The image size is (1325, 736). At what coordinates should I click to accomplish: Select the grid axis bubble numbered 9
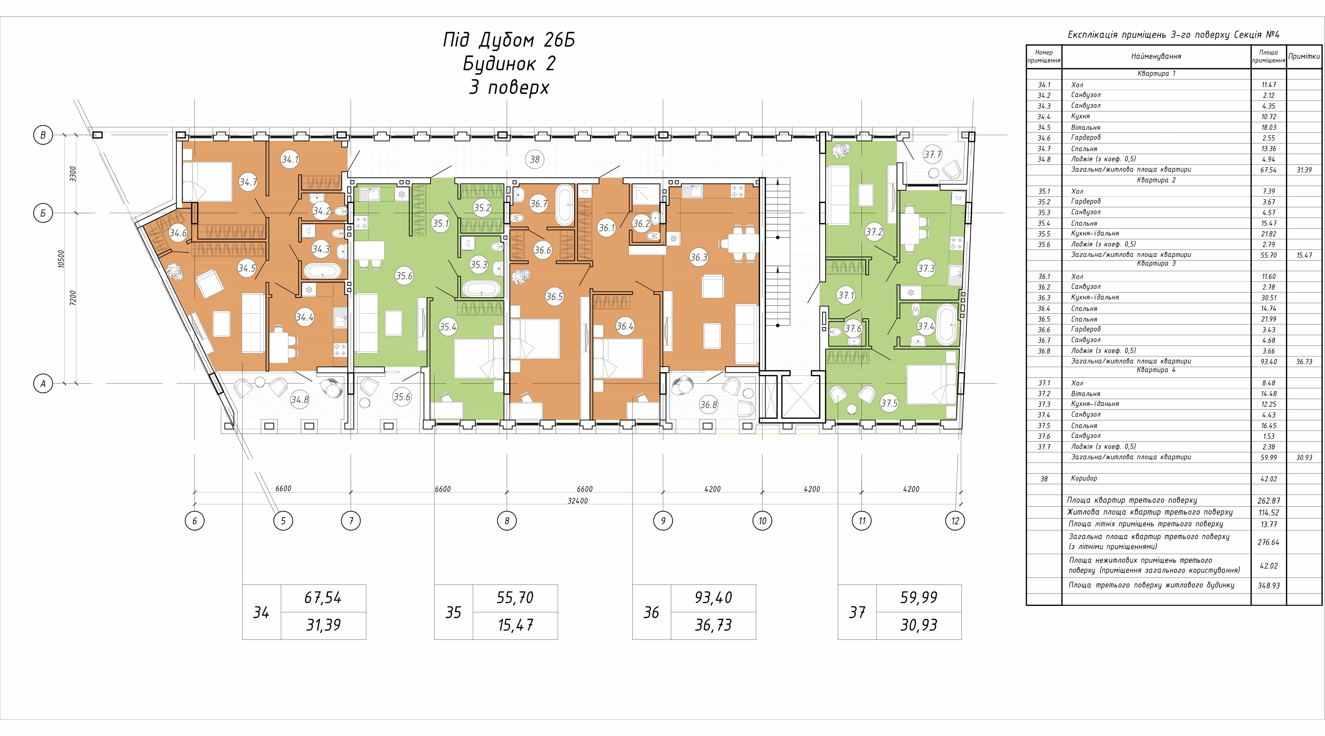663,521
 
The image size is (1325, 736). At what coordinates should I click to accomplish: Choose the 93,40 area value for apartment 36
713,598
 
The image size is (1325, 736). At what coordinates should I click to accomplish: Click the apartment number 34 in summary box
261,612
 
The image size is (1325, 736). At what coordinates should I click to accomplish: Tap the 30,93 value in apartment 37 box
919,625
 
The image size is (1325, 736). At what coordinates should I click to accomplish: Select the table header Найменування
1156,56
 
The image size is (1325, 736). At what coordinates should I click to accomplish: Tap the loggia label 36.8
708,405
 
